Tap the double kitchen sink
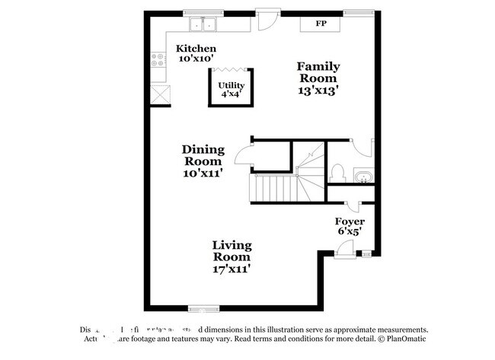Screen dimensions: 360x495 pos(203,24)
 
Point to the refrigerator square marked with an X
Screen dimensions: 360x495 pos(159,95)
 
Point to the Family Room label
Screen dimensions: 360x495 pos(317,72)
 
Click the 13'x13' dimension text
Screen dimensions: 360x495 pos(318,88)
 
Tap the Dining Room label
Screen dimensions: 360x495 pos(202,155)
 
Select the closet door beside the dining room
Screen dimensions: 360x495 pos(244,157)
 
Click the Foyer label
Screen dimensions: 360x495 pos(350,221)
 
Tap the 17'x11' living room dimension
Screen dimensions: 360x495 pos(232,268)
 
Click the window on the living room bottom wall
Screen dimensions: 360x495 pos(203,308)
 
